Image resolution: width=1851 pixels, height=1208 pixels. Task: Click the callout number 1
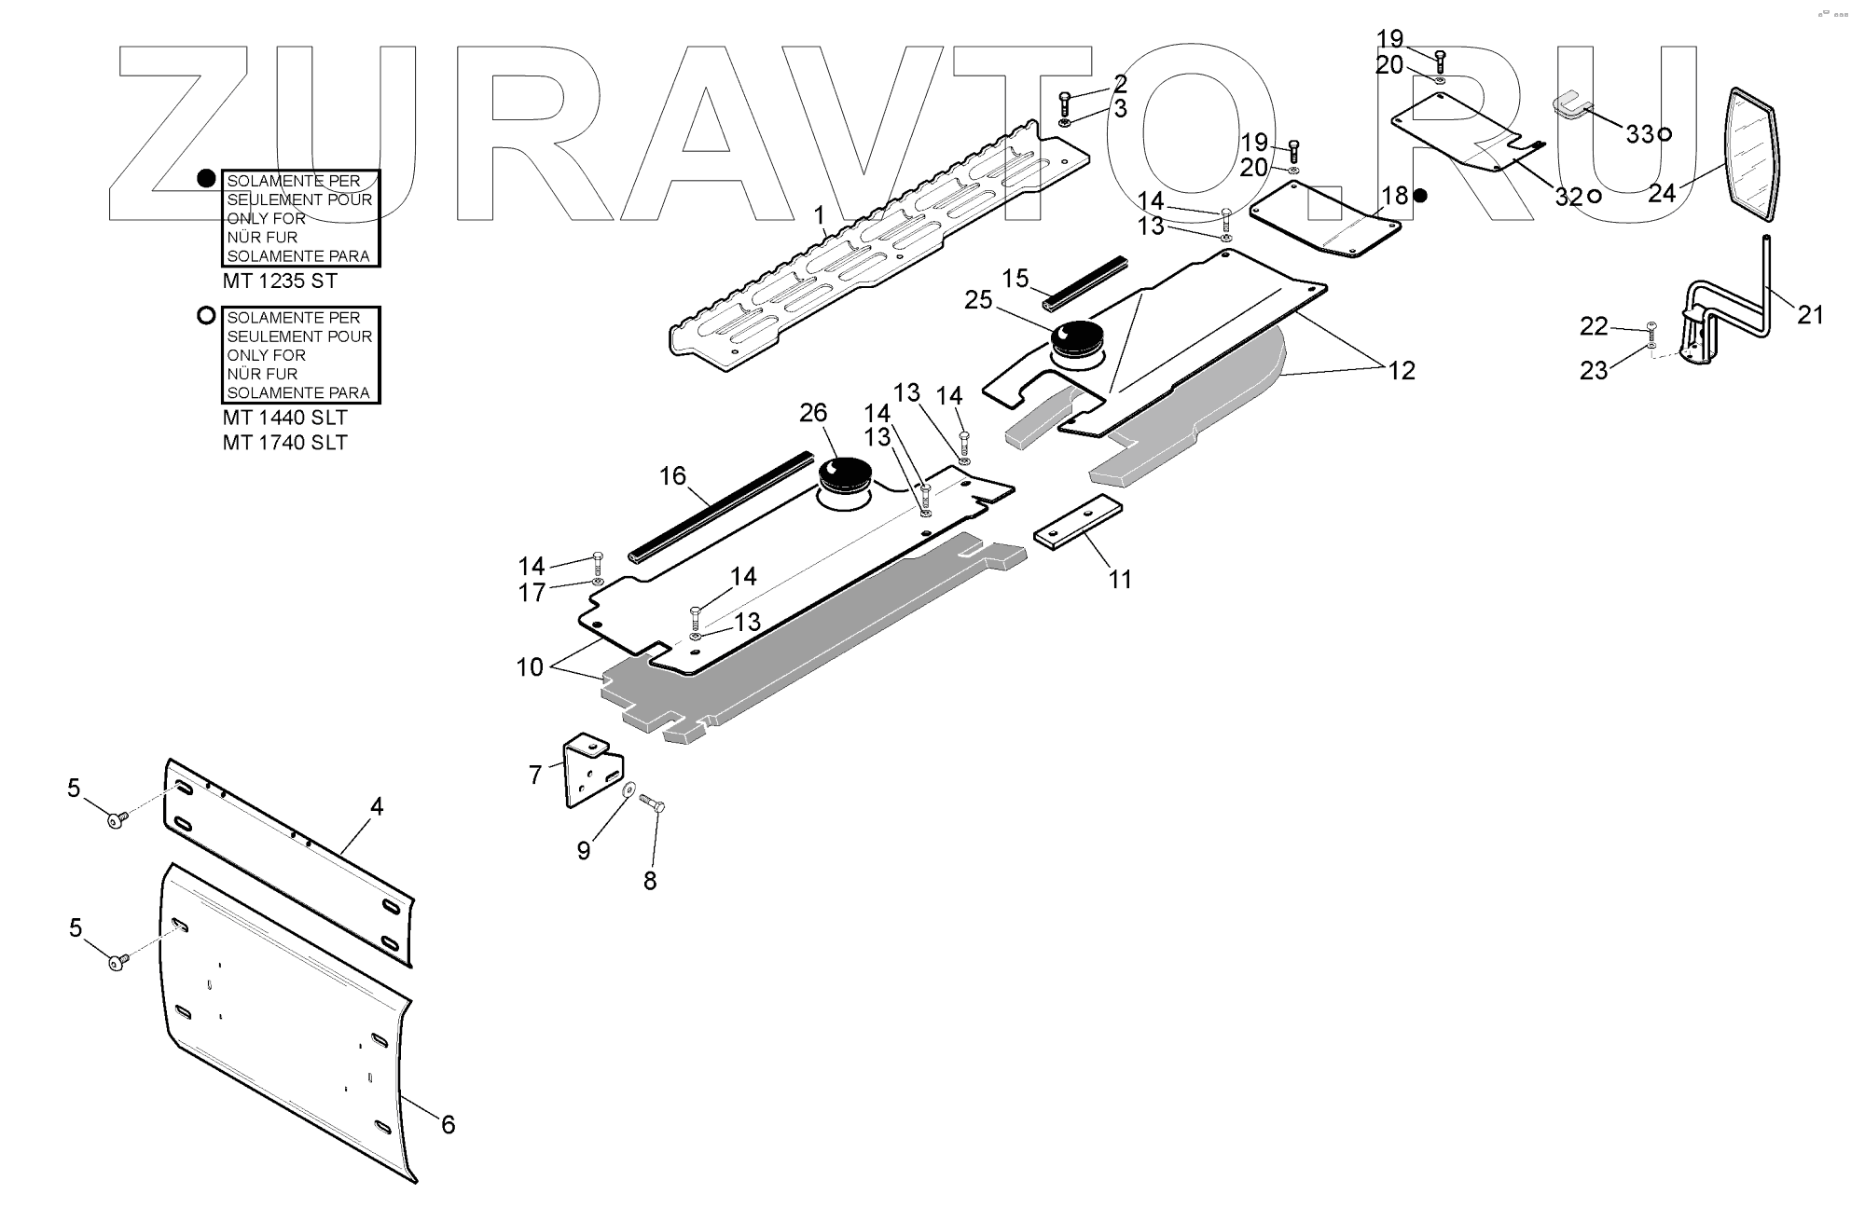(x=819, y=216)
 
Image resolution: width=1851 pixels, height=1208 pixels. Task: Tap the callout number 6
(x=448, y=1125)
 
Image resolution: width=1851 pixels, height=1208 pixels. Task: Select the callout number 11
(x=1120, y=580)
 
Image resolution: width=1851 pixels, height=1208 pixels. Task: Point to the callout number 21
(x=1810, y=316)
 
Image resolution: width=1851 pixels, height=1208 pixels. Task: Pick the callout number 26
(x=813, y=412)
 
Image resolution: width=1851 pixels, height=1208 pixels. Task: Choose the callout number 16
(x=672, y=476)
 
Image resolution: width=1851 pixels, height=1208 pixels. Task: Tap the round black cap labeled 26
(x=845, y=474)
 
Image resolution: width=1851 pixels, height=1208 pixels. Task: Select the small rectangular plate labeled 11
(x=1078, y=524)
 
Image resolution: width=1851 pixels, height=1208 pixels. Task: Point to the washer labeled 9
(x=629, y=790)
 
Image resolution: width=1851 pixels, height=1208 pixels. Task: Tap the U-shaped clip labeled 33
(x=1570, y=106)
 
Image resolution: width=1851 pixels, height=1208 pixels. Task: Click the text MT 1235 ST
(x=280, y=281)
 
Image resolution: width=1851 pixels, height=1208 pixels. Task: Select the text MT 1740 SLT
(x=284, y=443)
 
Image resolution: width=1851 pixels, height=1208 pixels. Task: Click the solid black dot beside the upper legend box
(x=206, y=178)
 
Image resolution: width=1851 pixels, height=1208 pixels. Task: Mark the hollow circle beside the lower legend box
(x=206, y=315)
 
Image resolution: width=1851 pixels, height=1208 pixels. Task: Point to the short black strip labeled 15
(x=1086, y=283)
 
